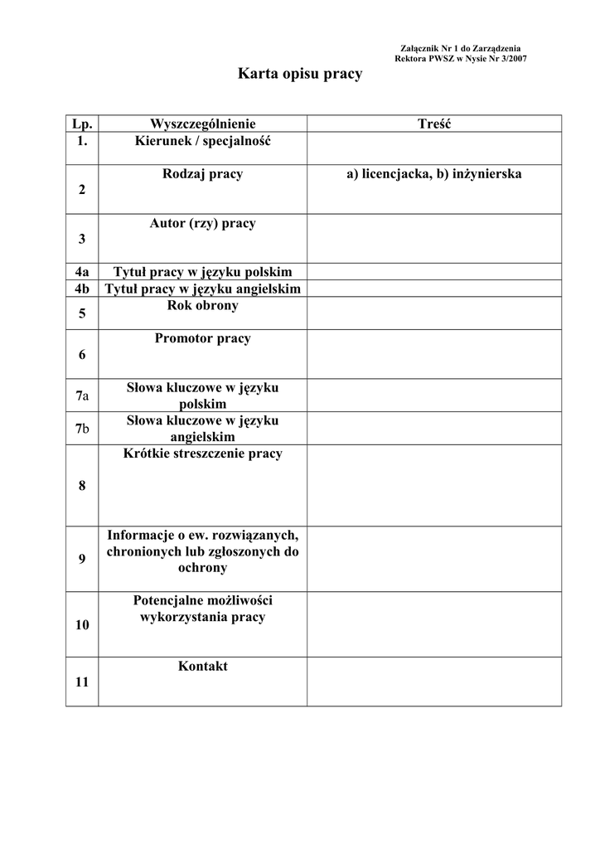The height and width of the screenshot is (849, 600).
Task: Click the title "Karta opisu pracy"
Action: [300, 75]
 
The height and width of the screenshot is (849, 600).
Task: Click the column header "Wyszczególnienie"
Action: [202, 124]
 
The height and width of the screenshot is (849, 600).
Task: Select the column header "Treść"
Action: [434, 124]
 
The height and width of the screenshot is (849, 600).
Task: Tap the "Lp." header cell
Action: [82, 124]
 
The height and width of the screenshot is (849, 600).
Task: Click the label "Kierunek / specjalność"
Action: [202, 141]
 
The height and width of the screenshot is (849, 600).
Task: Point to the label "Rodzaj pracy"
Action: [202, 174]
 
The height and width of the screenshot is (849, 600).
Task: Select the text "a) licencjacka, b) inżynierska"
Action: [434, 174]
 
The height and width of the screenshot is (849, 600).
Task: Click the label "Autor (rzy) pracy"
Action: [202, 223]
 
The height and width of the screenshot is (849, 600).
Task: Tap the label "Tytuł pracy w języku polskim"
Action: [202, 272]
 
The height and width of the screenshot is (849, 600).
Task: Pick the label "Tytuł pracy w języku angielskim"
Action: [202, 289]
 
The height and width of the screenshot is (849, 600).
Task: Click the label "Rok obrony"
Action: [202, 305]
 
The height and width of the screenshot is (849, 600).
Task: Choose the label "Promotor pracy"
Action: [202, 338]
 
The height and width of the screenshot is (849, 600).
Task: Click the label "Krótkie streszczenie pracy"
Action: [202, 454]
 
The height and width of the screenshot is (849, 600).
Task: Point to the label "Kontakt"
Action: [202, 666]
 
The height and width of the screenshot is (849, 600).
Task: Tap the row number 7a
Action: [82, 395]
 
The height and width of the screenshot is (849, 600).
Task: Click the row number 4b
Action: [82, 289]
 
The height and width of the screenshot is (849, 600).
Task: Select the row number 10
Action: [82, 625]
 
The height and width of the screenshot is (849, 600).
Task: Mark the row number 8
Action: [82, 486]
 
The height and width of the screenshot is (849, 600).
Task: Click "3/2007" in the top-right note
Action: [510, 59]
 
